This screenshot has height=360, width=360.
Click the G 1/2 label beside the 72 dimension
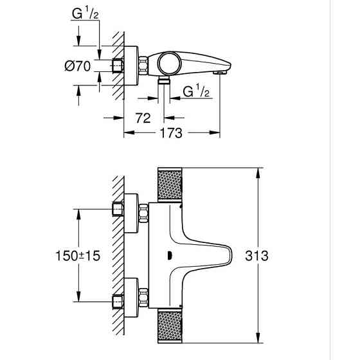(x=196, y=93)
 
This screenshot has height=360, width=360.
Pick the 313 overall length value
(x=276, y=255)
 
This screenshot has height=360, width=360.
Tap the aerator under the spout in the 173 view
(x=222, y=75)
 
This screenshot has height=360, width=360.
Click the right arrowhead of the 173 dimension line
(x=219, y=134)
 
